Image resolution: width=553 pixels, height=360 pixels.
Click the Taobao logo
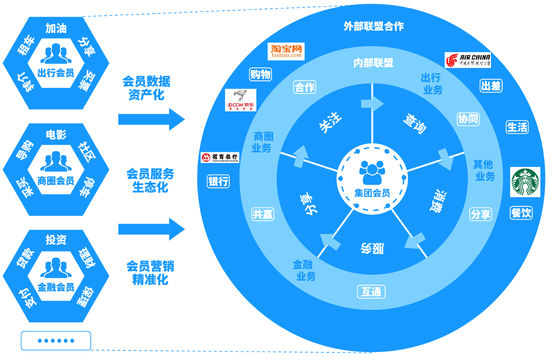tap(286, 51)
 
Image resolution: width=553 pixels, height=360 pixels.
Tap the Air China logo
tap(468, 60)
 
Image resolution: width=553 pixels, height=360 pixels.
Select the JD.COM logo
tap(241, 100)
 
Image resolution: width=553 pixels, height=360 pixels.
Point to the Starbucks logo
tap(525, 182)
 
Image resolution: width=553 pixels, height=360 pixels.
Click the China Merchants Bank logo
tap(220, 158)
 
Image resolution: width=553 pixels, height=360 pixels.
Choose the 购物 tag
tap(260, 74)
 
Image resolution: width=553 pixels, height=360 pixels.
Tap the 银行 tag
tap(218, 181)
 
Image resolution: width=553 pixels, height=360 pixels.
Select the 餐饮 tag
tap(521, 213)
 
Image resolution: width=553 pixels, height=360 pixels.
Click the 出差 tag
tap(491, 86)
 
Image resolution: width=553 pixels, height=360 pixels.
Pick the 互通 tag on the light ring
tap(371, 292)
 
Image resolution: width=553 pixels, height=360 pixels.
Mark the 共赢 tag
tap(263, 214)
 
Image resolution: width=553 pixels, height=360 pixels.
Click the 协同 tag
tap(468, 119)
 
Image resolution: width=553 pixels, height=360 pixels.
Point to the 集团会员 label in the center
tap(372, 193)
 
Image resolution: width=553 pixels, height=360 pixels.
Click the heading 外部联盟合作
tap(373, 26)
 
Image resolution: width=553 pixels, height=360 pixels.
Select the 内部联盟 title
tap(373, 63)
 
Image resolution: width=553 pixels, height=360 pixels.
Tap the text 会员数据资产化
tap(146, 88)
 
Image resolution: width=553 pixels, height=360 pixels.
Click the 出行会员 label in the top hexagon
tap(56, 73)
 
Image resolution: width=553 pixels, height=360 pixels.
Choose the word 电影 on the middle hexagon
tap(56, 135)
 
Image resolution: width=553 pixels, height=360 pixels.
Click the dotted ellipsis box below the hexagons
tap(56, 341)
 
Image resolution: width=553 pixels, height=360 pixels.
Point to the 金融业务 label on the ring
tap(304, 270)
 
